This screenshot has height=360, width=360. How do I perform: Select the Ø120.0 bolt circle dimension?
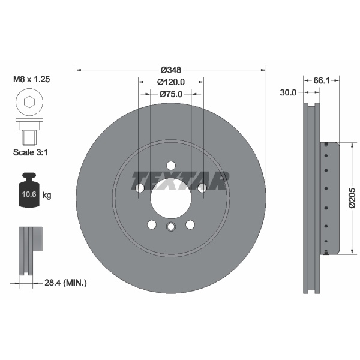pos(170,82)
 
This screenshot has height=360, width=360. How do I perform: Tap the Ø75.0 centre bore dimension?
pos(170,94)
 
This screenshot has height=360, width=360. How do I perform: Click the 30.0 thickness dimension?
pos(289,92)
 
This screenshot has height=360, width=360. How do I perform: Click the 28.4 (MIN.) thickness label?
pos(67,282)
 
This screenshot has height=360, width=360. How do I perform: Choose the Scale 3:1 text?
pos(30,152)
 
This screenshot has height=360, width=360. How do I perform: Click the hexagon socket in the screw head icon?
pos(29,103)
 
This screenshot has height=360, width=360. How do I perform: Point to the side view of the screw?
pos(29,131)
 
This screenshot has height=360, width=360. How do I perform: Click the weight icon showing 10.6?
pos(29,191)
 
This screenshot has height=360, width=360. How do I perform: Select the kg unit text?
pos(47,195)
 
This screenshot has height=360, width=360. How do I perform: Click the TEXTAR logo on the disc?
pos(181,178)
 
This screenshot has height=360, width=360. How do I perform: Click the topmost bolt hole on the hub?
pos(171,166)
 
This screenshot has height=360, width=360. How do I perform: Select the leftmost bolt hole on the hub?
pos(140,188)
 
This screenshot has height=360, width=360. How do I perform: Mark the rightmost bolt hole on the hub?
pos(202,188)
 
